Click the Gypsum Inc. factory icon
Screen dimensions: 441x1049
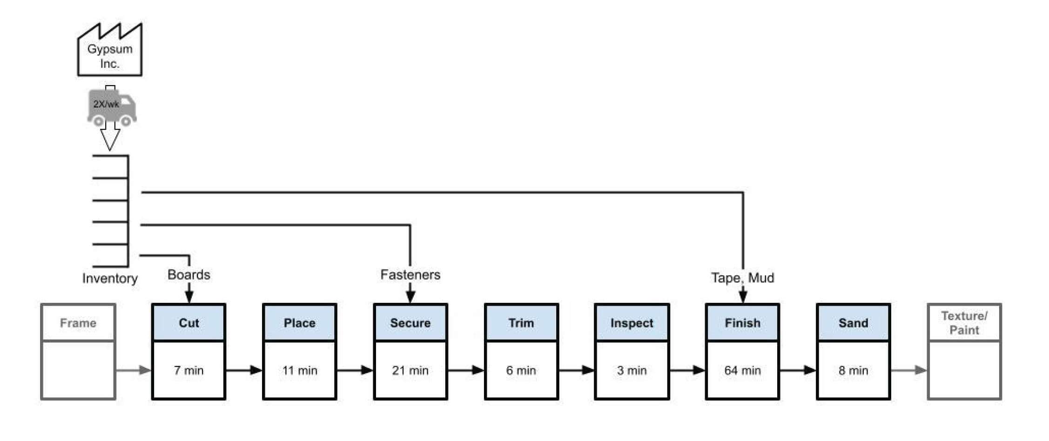110,51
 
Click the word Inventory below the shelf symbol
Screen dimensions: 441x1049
110,278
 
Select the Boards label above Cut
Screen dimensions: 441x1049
188,274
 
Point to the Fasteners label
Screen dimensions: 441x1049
410,274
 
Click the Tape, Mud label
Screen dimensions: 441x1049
742,278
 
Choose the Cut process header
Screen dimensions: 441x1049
188,323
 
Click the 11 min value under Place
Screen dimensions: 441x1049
299,370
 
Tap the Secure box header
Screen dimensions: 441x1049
410,323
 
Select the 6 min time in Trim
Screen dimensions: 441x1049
521,370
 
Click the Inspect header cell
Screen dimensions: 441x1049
632,323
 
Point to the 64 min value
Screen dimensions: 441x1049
742,370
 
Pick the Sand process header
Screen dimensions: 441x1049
853,323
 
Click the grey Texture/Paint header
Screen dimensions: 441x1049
964,323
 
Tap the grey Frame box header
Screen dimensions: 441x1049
78,323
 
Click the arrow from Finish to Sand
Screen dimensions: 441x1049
798,370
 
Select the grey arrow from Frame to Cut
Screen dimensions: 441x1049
134,370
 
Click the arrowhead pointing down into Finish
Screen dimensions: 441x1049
743,296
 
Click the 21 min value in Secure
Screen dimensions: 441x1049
410,370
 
